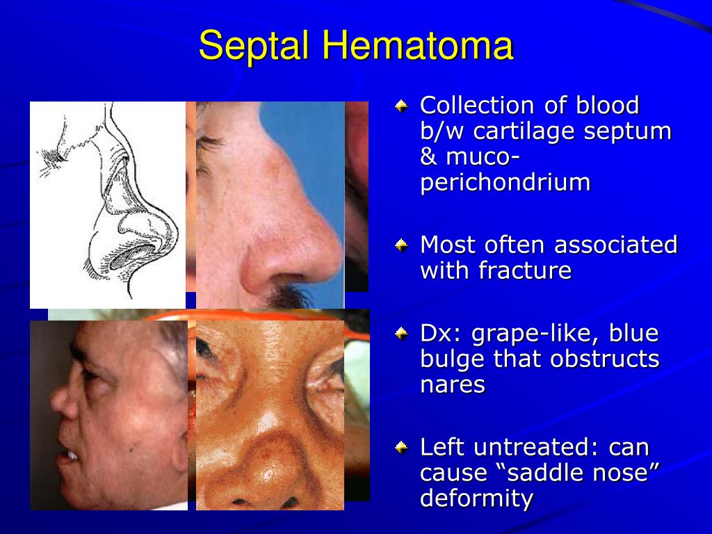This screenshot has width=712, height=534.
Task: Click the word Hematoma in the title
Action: [417, 47]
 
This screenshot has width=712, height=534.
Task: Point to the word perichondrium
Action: [505, 182]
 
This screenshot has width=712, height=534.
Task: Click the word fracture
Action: [525, 270]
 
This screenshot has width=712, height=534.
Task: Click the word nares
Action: [452, 385]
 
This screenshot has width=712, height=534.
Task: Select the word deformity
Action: [476, 498]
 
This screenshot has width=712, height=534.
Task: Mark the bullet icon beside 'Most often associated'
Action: [402, 245]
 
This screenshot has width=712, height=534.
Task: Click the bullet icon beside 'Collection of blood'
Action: [402, 106]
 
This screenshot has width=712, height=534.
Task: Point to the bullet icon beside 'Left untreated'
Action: [402, 447]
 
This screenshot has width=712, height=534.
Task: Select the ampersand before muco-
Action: [428, 157]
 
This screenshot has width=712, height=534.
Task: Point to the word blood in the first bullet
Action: [606, 106]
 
